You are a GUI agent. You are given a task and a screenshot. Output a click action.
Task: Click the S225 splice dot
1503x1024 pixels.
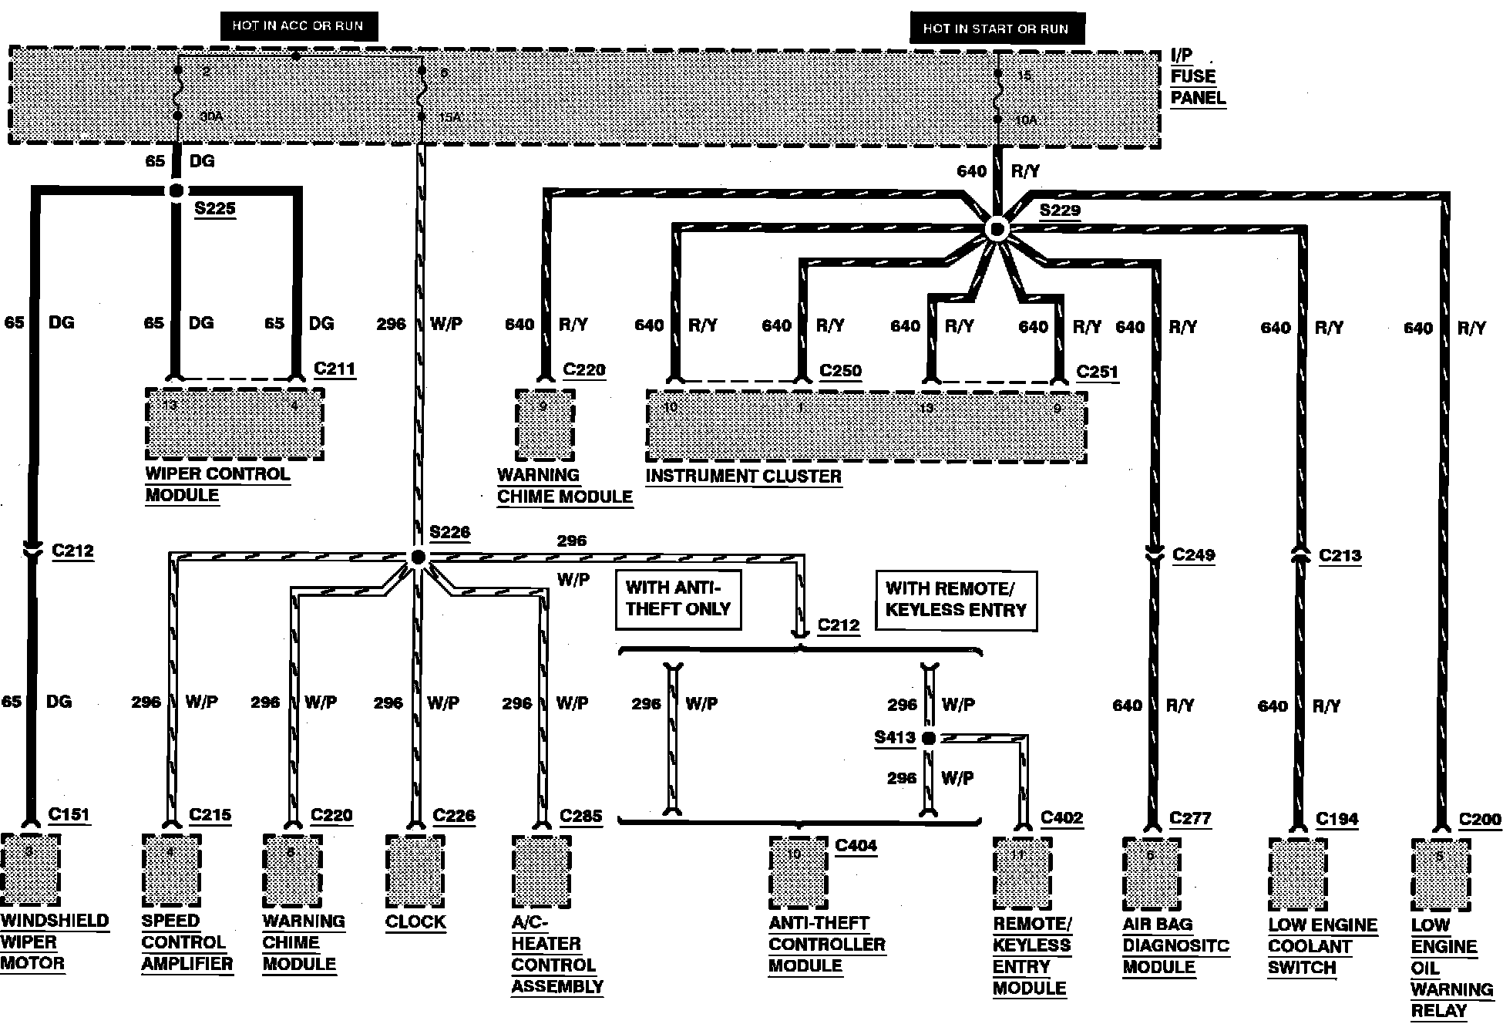[x=177, y=191]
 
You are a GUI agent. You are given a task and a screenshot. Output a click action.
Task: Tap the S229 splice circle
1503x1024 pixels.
[x=997, y=229]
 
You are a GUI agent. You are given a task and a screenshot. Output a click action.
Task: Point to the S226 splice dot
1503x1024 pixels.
[x=418, y=557]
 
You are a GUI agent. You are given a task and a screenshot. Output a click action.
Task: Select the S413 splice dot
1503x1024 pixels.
[x=929, y=738]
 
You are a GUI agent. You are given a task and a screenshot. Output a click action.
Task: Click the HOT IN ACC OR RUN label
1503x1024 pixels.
[x=298, y=26]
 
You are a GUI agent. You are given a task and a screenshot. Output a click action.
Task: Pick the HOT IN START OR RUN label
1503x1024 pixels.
[x=996, y=29]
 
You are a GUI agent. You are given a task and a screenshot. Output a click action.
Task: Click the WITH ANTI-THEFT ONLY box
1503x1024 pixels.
[x=678, y=599]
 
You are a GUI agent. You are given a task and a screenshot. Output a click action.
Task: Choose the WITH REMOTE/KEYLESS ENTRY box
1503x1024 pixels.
[x=956, y=600]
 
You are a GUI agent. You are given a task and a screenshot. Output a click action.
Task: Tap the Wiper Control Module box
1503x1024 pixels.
[x=234, y=424]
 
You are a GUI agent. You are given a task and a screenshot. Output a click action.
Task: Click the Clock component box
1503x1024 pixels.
[x=415, y=871]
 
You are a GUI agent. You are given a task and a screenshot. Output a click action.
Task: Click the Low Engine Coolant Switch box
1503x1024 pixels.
[x=1298, y=874]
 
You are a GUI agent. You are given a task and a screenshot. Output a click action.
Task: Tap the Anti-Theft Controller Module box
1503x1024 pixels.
[x=799, y=873]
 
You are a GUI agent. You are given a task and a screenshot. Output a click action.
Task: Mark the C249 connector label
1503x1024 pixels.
[x=1193, y=554]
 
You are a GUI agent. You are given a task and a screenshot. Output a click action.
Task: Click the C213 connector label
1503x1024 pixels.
[x=1340, y=555]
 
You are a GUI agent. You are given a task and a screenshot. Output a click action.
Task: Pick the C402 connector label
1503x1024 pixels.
[x=1061, y=817]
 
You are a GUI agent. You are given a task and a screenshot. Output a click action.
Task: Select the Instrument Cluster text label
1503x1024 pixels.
[x=743, y=477]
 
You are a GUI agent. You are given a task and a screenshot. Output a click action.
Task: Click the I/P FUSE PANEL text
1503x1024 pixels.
[x=1196, y=76]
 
